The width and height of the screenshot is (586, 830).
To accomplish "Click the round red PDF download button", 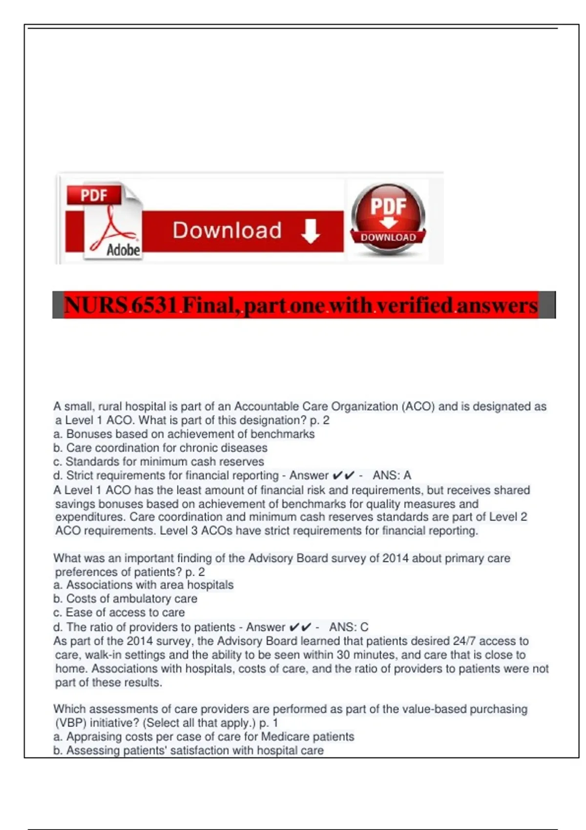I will click(388, 218).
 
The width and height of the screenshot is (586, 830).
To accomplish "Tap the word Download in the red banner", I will click(227, 230).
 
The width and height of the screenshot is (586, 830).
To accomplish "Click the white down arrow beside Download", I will click(311, 231).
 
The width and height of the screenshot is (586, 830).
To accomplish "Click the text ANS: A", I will click(392, 475).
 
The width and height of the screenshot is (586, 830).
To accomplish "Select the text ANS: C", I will click(349, 627).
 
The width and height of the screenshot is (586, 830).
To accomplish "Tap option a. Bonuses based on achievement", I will click(184, 434).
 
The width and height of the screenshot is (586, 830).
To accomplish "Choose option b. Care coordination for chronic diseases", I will click(161, 448).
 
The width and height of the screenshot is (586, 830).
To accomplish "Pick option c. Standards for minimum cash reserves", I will click(159, 461).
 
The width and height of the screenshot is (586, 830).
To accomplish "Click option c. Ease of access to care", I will click(119, 612).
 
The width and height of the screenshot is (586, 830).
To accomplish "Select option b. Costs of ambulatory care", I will click(126, 599).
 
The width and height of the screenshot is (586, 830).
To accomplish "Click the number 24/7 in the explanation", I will click(463, 641).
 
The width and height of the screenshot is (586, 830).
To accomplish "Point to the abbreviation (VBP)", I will click(70, 723).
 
